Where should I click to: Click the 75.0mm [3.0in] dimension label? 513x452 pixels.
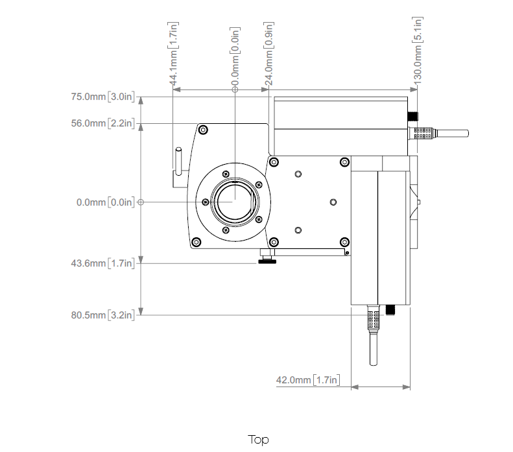[103, 97]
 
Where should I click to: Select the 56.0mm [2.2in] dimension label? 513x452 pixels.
[103, 123]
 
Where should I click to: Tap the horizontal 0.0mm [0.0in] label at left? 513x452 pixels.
[106, 202]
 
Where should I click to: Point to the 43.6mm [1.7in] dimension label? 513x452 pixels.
[103, 263]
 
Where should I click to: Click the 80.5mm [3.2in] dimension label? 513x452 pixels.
[103, 315]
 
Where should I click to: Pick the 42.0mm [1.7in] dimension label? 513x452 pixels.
[308, 380]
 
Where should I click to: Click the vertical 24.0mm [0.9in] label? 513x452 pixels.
[269, 52]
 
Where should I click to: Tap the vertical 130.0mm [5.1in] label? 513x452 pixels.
[418, 49]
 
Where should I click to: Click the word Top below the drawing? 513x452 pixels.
[258, 440]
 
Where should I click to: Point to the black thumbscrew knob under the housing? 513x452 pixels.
[267, 261]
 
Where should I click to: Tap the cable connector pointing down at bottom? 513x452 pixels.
[374, 331]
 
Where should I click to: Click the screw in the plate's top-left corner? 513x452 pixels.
[204, 130]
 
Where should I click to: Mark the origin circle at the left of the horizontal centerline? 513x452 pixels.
[141, 202]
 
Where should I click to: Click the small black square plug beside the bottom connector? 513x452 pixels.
[391, 311]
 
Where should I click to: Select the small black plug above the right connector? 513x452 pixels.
[413, 117]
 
